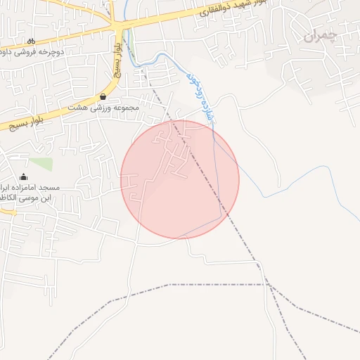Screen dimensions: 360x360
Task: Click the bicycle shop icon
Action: click(x=31, y=41)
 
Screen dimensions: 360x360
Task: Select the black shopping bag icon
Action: click(x=103, y=96)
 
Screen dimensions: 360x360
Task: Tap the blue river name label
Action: click(x=200, y=98)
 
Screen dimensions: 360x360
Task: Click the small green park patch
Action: click(x=41, y=163)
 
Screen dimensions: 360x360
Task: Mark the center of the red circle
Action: click(x=180, y=179)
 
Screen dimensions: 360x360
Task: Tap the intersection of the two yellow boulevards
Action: click(x=117, y=27)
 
